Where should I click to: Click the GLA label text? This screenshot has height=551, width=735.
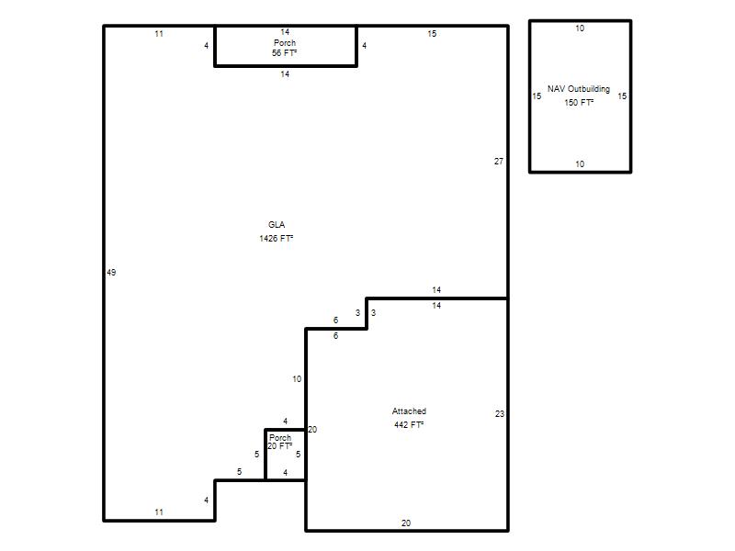tap(277, 225)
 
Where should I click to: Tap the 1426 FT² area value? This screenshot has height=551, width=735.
tap(277, 239)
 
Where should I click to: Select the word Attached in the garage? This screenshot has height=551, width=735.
tap(409, 411)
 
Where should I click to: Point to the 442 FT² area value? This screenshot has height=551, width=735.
tap(409, 425)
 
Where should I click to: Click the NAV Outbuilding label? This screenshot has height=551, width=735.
tap(579, 89)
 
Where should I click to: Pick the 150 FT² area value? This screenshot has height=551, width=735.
tap(579, 103)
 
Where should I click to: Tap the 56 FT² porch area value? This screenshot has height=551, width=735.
tap(284, 53)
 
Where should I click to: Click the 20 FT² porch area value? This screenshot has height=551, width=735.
tap(280, 446)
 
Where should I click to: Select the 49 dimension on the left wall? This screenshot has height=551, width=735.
tap(111, 272)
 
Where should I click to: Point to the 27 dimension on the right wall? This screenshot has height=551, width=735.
tap(499, 162)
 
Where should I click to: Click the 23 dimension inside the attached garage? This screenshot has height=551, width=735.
tap(500, 414)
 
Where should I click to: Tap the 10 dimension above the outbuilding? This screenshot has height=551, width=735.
tap(580, 28)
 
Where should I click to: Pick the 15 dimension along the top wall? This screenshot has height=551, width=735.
tap(432, 34)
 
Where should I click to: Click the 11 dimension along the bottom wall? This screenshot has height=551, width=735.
tap(159, 512)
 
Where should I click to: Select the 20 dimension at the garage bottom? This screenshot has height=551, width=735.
tap(406, 523)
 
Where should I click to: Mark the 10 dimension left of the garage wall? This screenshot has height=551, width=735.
tap(297, 379)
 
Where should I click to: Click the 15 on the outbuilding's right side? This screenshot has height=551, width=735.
tap(622, 96)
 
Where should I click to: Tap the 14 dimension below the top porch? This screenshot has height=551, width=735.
tap(285, 74)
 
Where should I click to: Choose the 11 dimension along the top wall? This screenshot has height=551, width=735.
tap(159, 34)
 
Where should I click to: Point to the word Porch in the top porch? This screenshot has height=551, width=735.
tap(285, 42)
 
